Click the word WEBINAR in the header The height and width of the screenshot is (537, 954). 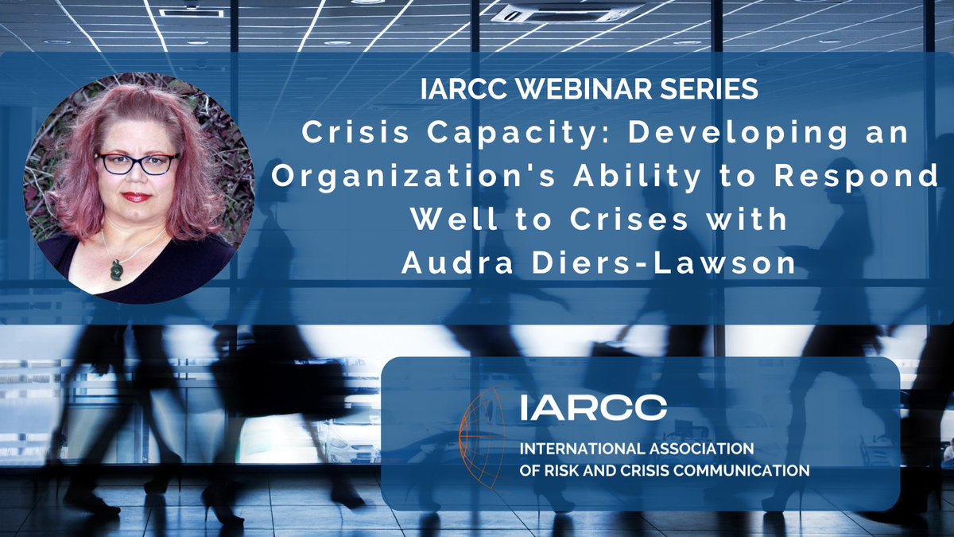click(583, 89)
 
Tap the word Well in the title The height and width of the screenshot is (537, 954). click(451, 220)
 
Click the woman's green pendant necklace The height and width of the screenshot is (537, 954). click(116, 268)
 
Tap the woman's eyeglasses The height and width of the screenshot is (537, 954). click(137, 163)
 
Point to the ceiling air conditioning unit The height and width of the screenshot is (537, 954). click(565, 14)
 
